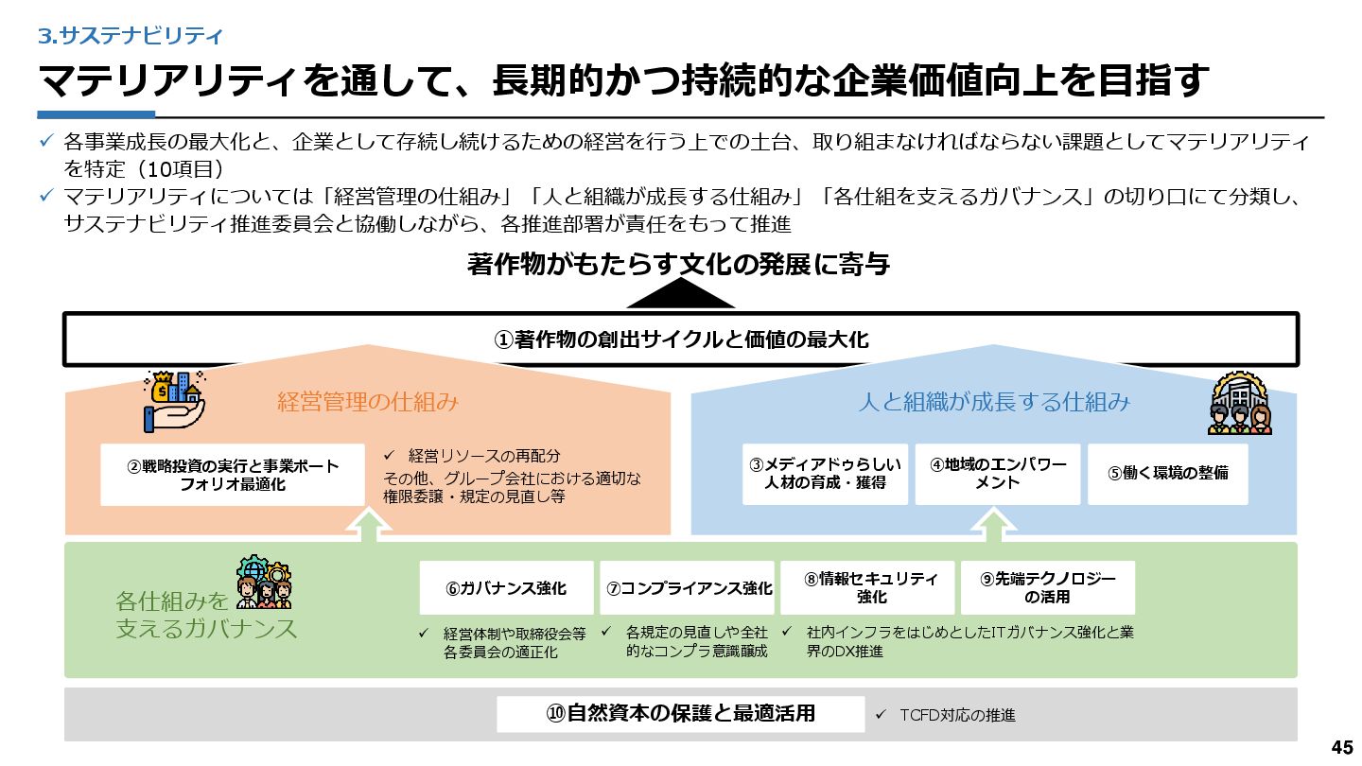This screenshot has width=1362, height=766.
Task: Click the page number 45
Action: [x=1341, y=747]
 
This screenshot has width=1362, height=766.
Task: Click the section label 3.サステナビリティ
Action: [x=131, y=36]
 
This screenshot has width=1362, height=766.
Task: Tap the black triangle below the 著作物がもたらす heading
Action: [x=680, y=295]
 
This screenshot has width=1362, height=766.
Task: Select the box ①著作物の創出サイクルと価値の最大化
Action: [x=680, y=339]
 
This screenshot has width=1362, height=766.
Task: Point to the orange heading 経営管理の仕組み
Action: [x=368, y=402]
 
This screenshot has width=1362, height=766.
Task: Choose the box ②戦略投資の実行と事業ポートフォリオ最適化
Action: [x=233, y=475]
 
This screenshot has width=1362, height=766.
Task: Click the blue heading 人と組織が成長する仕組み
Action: [x=994, y=402]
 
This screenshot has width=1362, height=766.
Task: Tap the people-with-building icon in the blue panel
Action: [x=1239, y=403]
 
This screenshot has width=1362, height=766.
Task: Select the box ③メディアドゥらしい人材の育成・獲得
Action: [x=825, y=474]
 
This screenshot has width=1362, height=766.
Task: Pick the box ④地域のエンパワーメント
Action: [x=997, y=474]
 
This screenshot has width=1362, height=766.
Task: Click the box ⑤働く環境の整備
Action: [x=1167, y=474]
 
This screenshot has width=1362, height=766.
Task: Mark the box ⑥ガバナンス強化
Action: [x=506, y=588]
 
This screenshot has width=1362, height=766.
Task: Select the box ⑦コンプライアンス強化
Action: [x=689, y=588]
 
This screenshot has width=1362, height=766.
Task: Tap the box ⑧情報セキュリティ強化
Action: [x=871, y=588]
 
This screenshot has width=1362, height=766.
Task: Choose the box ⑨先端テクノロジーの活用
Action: [x=1047, y=588]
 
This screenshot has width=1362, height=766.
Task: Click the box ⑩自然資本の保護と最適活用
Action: [x=680, y=714]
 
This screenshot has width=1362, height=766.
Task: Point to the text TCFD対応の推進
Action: [x=957, y=716]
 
